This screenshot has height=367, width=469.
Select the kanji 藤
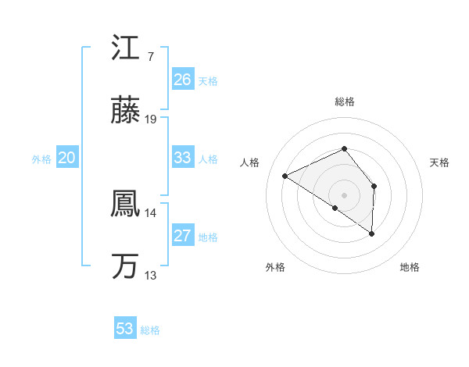click(x=125, y=111)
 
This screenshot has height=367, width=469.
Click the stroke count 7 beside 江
click(x=150, y=57)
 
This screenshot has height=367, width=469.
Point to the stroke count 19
click(x=152, y=119)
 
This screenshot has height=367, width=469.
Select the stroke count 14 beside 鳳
click(x=151, y=213)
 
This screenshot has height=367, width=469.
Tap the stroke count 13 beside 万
click(x=151, y=276)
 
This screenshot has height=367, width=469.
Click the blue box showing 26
click(x=182, y=80)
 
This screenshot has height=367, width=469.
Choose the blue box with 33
click(x=182, y=158)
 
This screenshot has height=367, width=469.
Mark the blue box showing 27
click(x=182, y=236)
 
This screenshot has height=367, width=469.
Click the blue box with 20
click(x=66, y=158)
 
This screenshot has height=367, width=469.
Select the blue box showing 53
click(x=125, y=329)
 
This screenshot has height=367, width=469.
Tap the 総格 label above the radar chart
click(x=344, y=102)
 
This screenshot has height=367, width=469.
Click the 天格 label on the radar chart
click(x=440, y=162)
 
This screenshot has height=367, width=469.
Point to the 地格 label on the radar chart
click(x=410, y=268)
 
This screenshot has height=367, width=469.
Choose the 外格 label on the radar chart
click(x=275, y=268)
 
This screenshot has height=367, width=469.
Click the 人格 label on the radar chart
click(x=250, y=162)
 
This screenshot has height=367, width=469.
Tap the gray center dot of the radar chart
click(x=344, y=194)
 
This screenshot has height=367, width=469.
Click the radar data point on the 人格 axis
click(x=285, y=176)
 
